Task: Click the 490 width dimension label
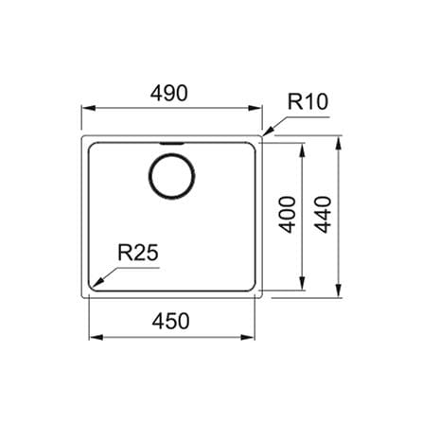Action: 168,93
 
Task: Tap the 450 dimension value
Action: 170,321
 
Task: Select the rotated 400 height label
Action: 289,215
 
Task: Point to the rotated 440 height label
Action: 324,215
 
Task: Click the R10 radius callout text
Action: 308,101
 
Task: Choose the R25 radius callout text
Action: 138,253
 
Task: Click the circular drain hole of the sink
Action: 171,176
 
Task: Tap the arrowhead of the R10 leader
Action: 268,132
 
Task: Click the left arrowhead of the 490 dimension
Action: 89,108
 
